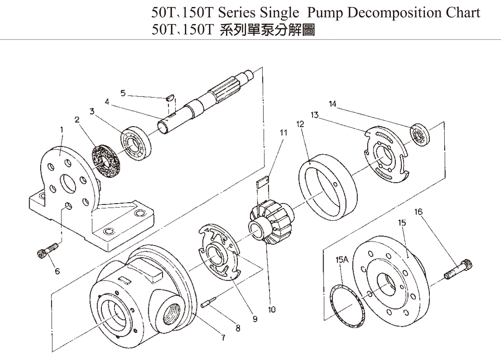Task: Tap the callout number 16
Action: [419, 212]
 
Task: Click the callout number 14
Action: [333, 104]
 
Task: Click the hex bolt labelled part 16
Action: [459, 268]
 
